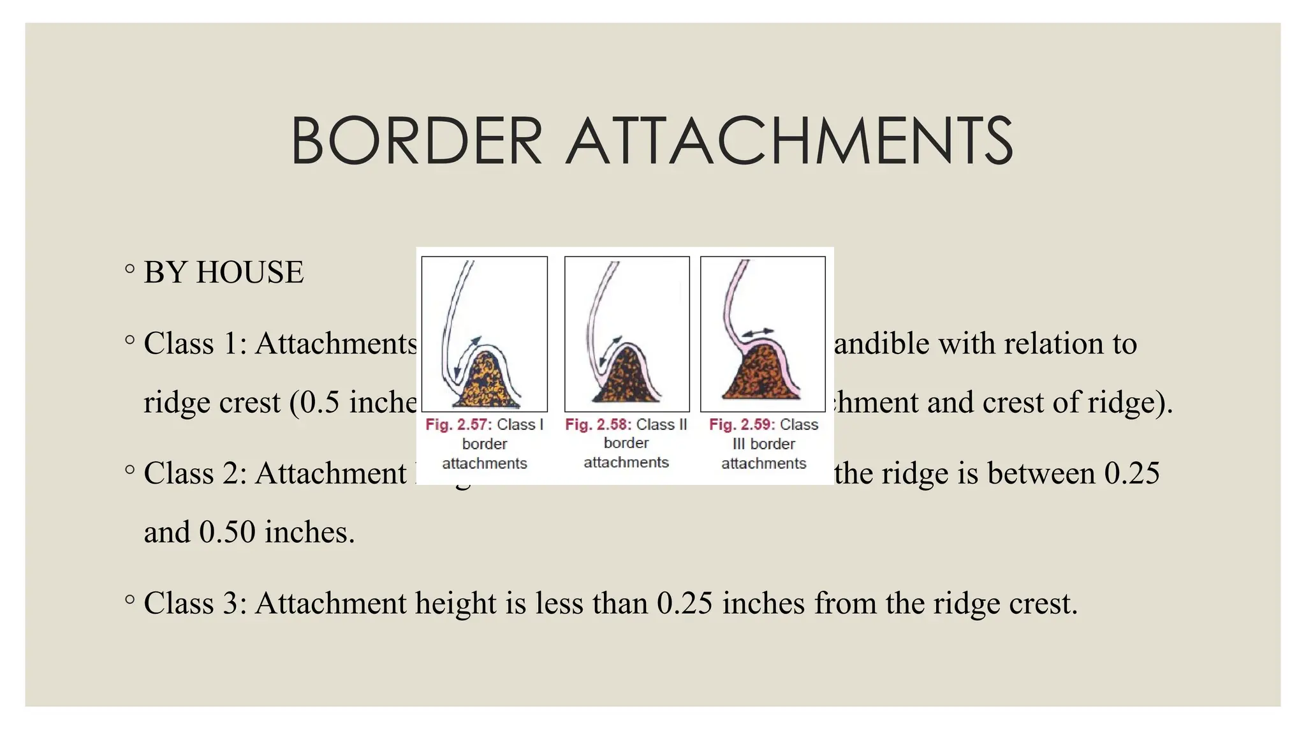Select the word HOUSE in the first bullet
point(249,272)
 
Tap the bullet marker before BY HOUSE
point(130,269)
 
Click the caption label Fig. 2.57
point(456,424)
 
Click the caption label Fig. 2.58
point(597,424)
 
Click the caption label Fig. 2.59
point(740,424)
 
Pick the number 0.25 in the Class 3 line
point(684,603)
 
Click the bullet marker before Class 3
point(130,600)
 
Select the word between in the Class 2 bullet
point(1041,473)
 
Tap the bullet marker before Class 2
point(130,470)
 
